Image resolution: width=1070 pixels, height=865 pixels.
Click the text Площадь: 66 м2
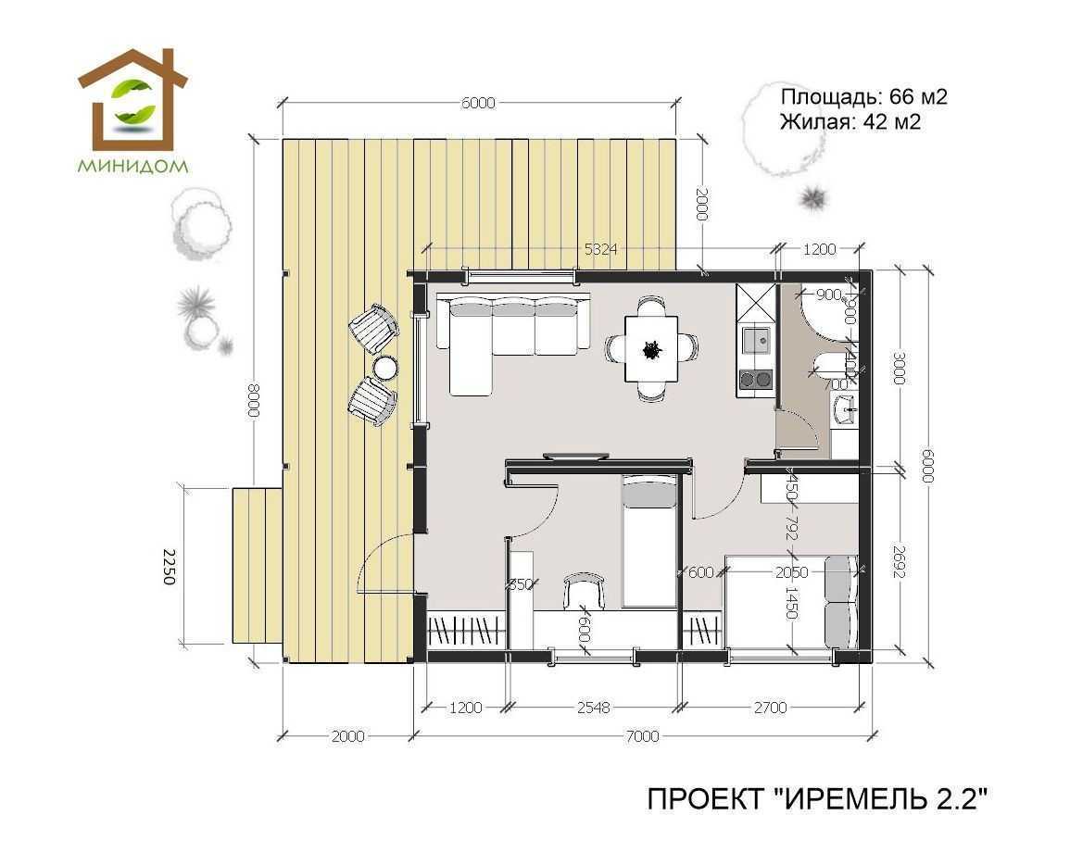[x=863, y=97]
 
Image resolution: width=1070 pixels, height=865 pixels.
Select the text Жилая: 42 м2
[x=850, y=121]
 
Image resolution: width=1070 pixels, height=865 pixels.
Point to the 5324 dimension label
[x=600, y=248]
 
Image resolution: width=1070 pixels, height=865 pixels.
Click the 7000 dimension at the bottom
[x=642, y=736]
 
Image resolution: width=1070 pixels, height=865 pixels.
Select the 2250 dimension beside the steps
[x=168, y=567]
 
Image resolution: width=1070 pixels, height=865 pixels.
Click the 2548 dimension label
[x=593, y=708]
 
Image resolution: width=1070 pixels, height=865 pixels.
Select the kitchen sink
[x=757, y=340]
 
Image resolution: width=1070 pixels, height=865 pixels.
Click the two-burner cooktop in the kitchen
[x=755, y=378]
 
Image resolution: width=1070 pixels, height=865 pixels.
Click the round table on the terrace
[x=384, y=368]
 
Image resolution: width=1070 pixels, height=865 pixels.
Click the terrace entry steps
[x=254, y=566]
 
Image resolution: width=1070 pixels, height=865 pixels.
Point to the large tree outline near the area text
[x=778, y=130]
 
